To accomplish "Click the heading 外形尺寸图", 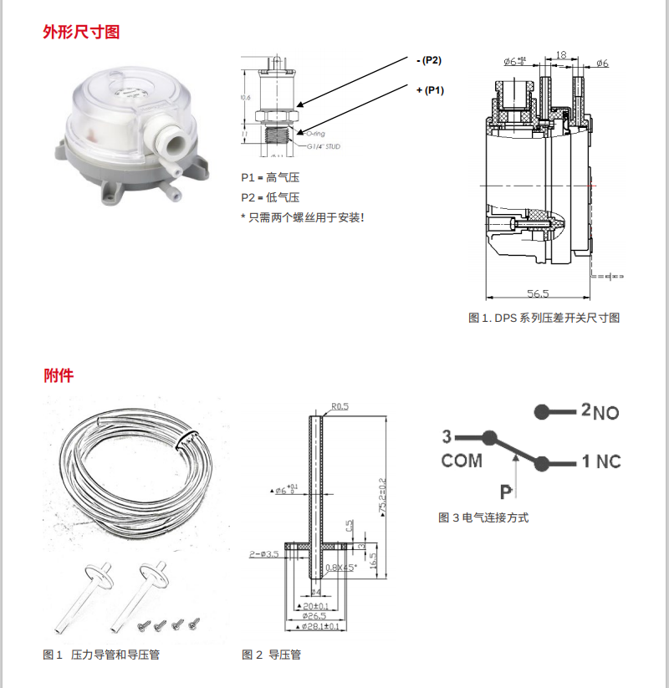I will [81, 33].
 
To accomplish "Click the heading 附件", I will [59, 375].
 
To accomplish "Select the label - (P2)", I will [427, 60].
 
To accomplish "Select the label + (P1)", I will [429, 89].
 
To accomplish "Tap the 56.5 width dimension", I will [539, 293].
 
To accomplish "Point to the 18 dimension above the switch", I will [561, 54].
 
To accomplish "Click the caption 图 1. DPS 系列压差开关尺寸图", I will [544, 319].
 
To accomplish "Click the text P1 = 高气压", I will [270, 178].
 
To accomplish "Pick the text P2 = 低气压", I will [270, 197].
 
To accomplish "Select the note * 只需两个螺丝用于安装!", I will [302, 217].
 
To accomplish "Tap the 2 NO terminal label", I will [600, 411].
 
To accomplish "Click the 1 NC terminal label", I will [601, 461].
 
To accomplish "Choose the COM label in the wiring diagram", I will [462, 461].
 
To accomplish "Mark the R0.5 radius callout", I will [340, 406].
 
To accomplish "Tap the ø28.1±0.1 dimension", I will [321, 626].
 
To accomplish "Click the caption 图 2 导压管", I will [271, 655].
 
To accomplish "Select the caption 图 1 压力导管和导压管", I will [100, 655].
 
